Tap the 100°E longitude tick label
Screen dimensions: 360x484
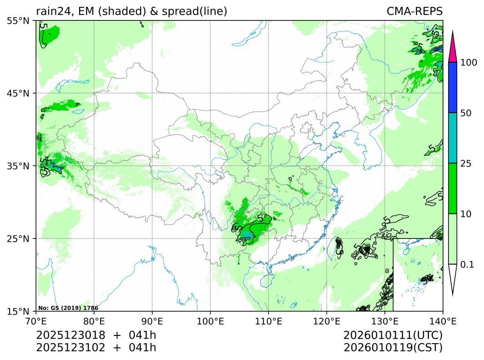pyautogui.click(x=210, y=321)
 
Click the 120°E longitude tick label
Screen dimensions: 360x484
pyautogui.click(x=327, y=321)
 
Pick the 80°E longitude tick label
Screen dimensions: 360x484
pyautogui.click(x=94, y=321)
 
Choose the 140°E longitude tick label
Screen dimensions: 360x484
pyautogui.click(x=443, y=321)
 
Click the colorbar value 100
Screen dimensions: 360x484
pyautogui.click(x=468, y=62)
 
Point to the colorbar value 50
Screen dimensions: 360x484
pyautogui.click(x=466, y=113)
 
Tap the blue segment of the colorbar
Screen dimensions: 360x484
pyautogui.click(x=452, y=87)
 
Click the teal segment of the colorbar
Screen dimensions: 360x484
pyautogui.click(x=452, y=138)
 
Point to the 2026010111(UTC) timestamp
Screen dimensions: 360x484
pyautogui.click(x=393, y=335)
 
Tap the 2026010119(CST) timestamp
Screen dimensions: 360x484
pyautogui.click(x=393, y=348)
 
